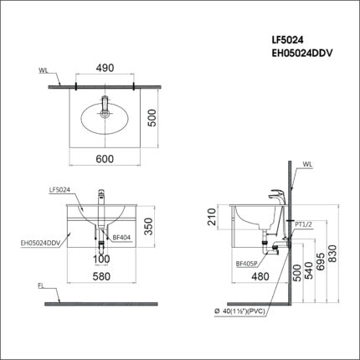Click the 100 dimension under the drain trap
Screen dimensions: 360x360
tap(101, 259)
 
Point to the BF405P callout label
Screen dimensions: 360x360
tap(222, 263)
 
